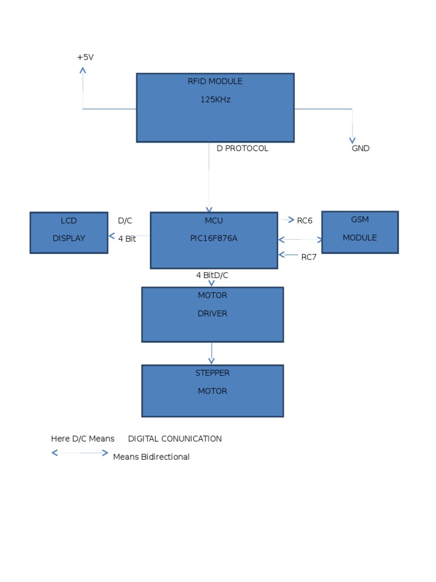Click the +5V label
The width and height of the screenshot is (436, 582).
[x=85, y=57]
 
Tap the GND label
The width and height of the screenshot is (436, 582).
[x=360, y=148]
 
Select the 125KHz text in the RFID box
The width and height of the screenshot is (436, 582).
[x=215, y=99]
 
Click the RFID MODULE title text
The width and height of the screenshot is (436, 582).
[x=215, y=81]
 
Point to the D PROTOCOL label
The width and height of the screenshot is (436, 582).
[x=242, y=148]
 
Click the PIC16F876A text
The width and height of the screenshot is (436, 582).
[x=213, y=238]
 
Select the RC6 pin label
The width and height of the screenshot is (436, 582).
[x=305, y=221]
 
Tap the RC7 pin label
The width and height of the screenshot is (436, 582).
[x=309, y=257]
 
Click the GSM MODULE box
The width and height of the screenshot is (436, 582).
[x=360, y=232]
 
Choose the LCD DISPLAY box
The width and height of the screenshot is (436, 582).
[x=69, y=232]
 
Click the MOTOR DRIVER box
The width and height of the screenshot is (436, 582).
[x=212, y=314]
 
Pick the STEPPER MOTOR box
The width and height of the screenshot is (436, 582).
[x=212, y=391]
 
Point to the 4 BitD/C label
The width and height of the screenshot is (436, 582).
[x=212, y=275]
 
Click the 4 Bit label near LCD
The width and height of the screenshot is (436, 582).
[x=127, y=239]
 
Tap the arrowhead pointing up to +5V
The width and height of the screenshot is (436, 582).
[x=83, y=70]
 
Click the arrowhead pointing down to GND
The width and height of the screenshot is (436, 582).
[x=352, y=140]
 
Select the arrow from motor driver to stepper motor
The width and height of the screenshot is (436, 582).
[x=212, y=354]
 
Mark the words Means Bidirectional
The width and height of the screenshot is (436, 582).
[x=151, y=457]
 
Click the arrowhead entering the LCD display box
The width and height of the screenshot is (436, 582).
[x=111, y=236]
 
